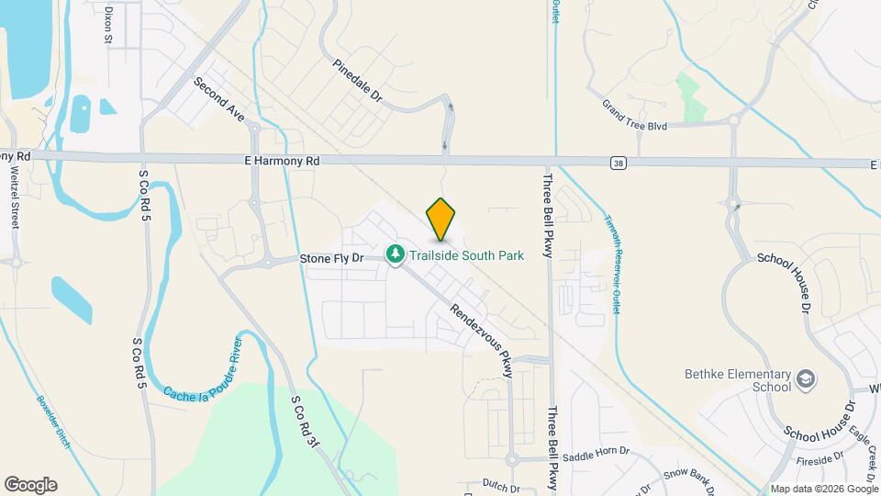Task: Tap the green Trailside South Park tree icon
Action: (396, 253)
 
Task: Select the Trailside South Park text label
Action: (465, 255)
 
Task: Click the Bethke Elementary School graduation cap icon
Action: (805, 378)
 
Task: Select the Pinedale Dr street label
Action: (357, 83)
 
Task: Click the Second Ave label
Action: (219, 99)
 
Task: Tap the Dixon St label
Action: (108, 25)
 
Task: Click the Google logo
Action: (30, 485)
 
